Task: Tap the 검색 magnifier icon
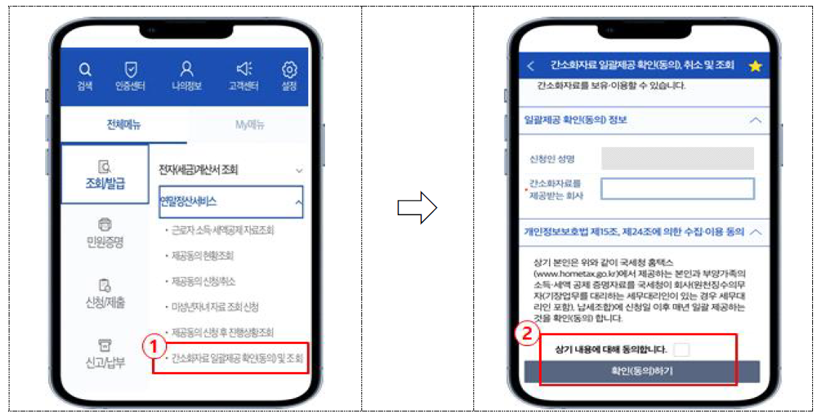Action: pos(85,71)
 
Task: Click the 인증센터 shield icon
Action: pos(131,70)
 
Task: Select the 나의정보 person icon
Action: pos(187,69)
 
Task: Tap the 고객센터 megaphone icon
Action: pos(244,69)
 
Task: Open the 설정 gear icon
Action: pos(289,70)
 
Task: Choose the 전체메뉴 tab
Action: pos(123,125)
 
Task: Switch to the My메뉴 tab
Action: pos(249,125)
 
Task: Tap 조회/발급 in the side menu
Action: pos(105,174)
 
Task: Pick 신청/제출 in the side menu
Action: pos(105,293)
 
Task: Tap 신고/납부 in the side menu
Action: pos(105,353)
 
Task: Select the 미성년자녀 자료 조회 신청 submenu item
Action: pos(215,308)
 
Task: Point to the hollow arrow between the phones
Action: pos(417,209)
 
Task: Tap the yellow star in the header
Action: pos(755,66)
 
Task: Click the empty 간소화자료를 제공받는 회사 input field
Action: pos(678,189)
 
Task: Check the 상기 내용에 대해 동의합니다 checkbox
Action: pos(681,350)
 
